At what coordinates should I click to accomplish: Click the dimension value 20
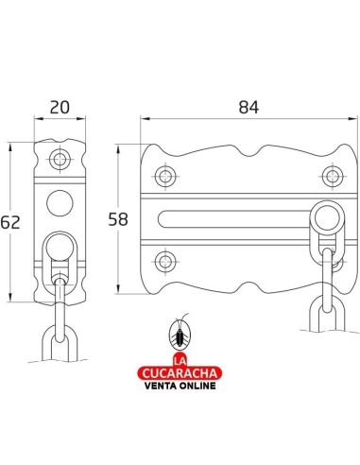tap(60, 108)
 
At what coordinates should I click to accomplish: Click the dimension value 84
tap(249, 108)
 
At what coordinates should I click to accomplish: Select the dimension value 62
tap(10, 222)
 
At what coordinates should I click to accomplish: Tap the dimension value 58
tap(118, 219)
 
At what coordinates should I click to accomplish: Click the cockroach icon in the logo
tap(180, 333)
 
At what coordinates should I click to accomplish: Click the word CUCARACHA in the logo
tap(180, 373)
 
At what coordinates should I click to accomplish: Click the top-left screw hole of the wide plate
tap(165, 176)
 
